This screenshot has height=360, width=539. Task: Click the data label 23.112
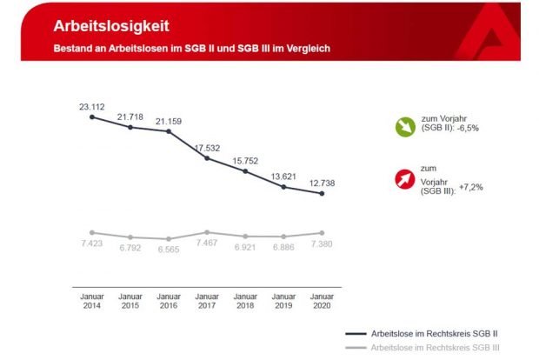(x=92, y=107)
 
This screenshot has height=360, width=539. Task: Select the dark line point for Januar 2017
(x=207, y=158)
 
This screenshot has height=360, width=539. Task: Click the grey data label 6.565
(x=169, y=249)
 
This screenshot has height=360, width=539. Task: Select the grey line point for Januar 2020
(x=322, y=233)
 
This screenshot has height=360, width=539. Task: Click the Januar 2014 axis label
(x=92, y=300)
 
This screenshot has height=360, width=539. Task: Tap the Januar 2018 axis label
(x=245, y=300)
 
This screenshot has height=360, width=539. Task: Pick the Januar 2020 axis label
(x=322, y=300)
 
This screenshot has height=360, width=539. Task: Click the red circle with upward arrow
(x=406, y=180)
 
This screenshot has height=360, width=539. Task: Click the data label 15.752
(x=245, y=161)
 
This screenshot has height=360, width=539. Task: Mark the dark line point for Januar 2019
(x=283, y=186)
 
